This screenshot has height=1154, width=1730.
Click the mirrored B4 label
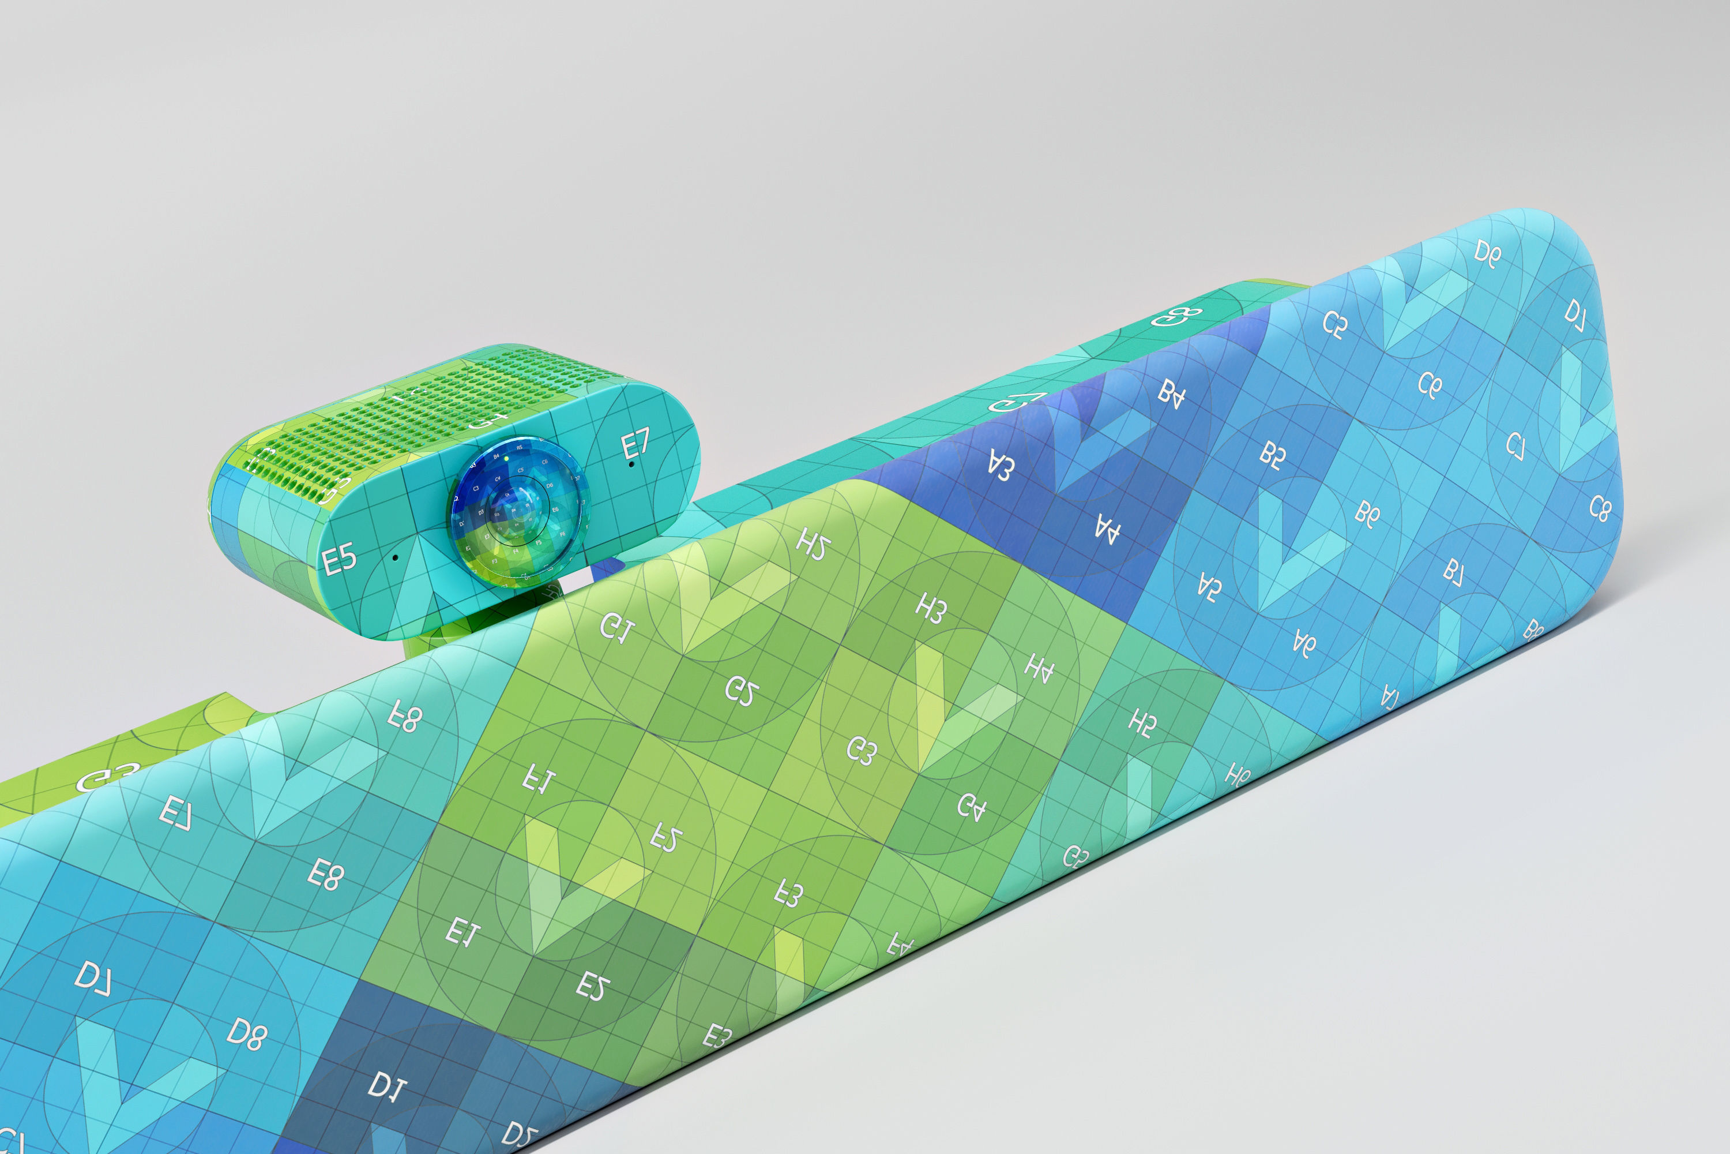pyautogui.click(x=1172, y=394)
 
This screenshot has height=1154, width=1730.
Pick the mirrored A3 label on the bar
pyautogui.click(x=1001, y=467)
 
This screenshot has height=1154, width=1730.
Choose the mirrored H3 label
pyautogui.click(x=931, y=608)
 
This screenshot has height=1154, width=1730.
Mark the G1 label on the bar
pyautogui.click(x=616, y=628)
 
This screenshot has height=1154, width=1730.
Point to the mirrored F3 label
pyautogui.click(x=788, y=893)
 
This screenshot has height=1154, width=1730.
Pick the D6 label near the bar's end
pyautogui.click(x=1487, y=254)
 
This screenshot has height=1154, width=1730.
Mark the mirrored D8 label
pyautogui.click(x=246, y=1033)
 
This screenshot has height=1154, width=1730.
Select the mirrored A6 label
pyautogui.click(x=1304, y=643)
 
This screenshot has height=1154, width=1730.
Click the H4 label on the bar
pyautogui.click(x=1039, y=668)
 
